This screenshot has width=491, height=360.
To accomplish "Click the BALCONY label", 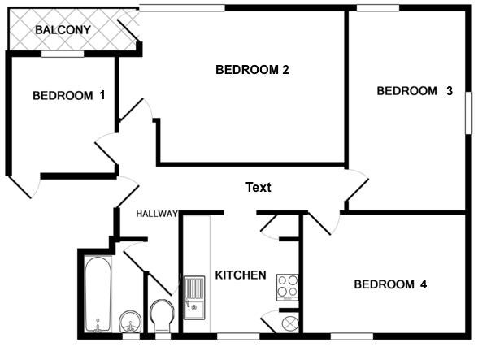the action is pos(63,30).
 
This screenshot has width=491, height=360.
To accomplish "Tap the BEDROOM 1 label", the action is pos(69,95).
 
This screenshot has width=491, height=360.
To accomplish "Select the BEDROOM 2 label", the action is pos(252,70).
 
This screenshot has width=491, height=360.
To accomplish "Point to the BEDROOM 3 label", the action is pos(415,91).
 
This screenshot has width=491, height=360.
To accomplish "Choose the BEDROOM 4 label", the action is pos(390,284).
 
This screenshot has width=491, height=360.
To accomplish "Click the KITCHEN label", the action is pos(241,275).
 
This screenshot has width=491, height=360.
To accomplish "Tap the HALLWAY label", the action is pos(157,214).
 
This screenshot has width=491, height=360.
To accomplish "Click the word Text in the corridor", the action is pos(259,187).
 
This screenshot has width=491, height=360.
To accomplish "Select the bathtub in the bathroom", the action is pos(98,294).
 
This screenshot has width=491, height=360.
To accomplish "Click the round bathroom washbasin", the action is pos(130,322).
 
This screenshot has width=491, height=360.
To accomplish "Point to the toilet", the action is pos(162,316).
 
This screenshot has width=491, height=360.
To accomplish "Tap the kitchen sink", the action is pos(194,297).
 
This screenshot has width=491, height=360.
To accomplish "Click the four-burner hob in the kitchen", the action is pos(288,288).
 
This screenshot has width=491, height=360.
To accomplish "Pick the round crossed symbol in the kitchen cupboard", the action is pos(290,323).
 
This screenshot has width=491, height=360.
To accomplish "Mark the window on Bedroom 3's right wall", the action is pos(468,113).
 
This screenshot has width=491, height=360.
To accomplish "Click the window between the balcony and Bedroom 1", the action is pos(63,54).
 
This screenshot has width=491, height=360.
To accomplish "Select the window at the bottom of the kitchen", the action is pos(238,336).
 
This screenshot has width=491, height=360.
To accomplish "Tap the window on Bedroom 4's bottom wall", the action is pos(352,336).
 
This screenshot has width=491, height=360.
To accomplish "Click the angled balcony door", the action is pos(128,31).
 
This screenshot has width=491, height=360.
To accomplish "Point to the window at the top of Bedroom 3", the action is pos(378,8).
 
